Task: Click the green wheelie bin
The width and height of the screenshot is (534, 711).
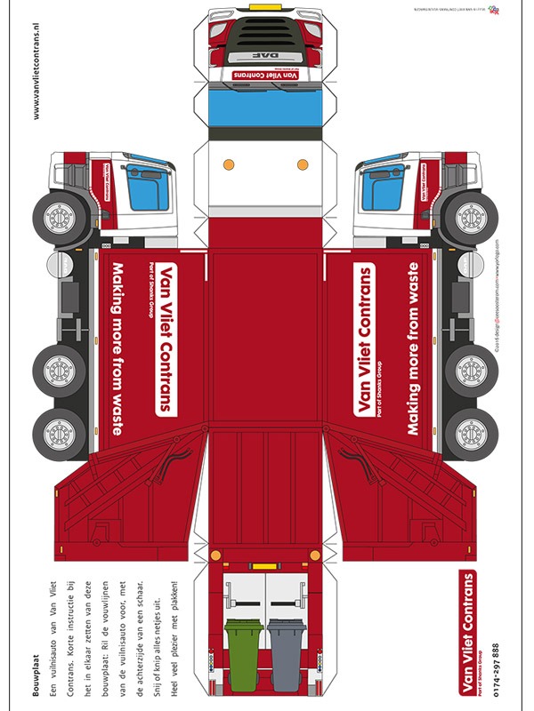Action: (x=242, y=646)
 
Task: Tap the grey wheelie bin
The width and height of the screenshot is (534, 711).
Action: (x=287, y=646)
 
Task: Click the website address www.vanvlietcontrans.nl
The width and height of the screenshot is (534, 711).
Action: (x=36, y=62)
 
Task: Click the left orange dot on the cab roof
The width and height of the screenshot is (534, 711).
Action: (x=229, y=164)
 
